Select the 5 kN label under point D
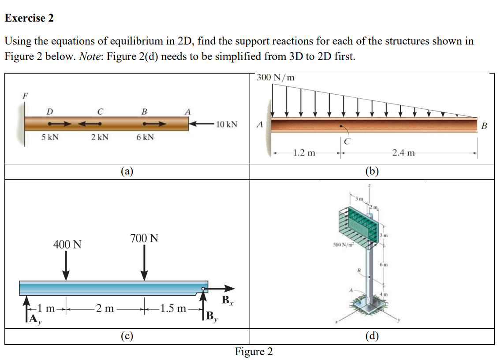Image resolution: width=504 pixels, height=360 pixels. (x=50, y=137)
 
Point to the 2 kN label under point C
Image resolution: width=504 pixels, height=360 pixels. (x=100, y=137)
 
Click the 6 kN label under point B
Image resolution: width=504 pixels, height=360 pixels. (x=145, y=137)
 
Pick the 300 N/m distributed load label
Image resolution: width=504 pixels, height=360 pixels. (x=276, y=78)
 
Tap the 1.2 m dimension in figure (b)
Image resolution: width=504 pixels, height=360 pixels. (x=304, y=153)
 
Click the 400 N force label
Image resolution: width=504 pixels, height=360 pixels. (x=67, y=244)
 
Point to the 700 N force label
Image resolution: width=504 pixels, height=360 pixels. (x=144, y=238)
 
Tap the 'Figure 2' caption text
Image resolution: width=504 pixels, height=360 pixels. (x=254, y=351)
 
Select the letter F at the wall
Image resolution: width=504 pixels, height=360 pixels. (x=25, y=94)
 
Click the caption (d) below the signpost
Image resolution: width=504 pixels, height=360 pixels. (x=372, y=337)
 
